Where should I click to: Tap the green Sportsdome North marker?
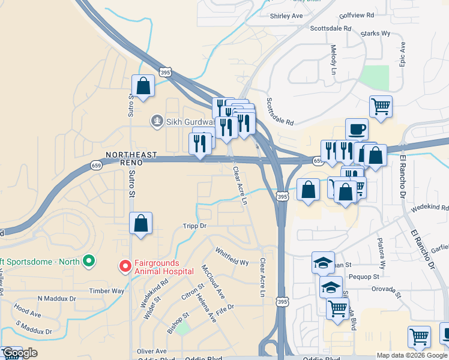click(x=89, y=261)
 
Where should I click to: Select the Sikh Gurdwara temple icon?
click(x=157, y=121)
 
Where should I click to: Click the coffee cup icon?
click(x=357, y=128)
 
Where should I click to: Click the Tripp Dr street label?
click(x=194, y=226)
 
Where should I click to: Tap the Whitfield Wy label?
click(x=232, y=257)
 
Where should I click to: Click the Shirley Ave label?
click(x=286, y=16)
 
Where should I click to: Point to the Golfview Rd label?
click(x=357, y=14)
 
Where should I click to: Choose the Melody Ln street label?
click(x=334, y=59)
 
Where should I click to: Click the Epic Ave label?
click(x=403, y=54)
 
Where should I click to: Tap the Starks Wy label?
click(x=376, y=34)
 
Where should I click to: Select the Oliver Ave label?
click(x=151, y=351)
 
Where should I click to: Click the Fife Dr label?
click(x=225, y=307)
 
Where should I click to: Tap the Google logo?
click(x=20, y=353)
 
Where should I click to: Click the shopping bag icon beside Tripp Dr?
click(x=140, y=223)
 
